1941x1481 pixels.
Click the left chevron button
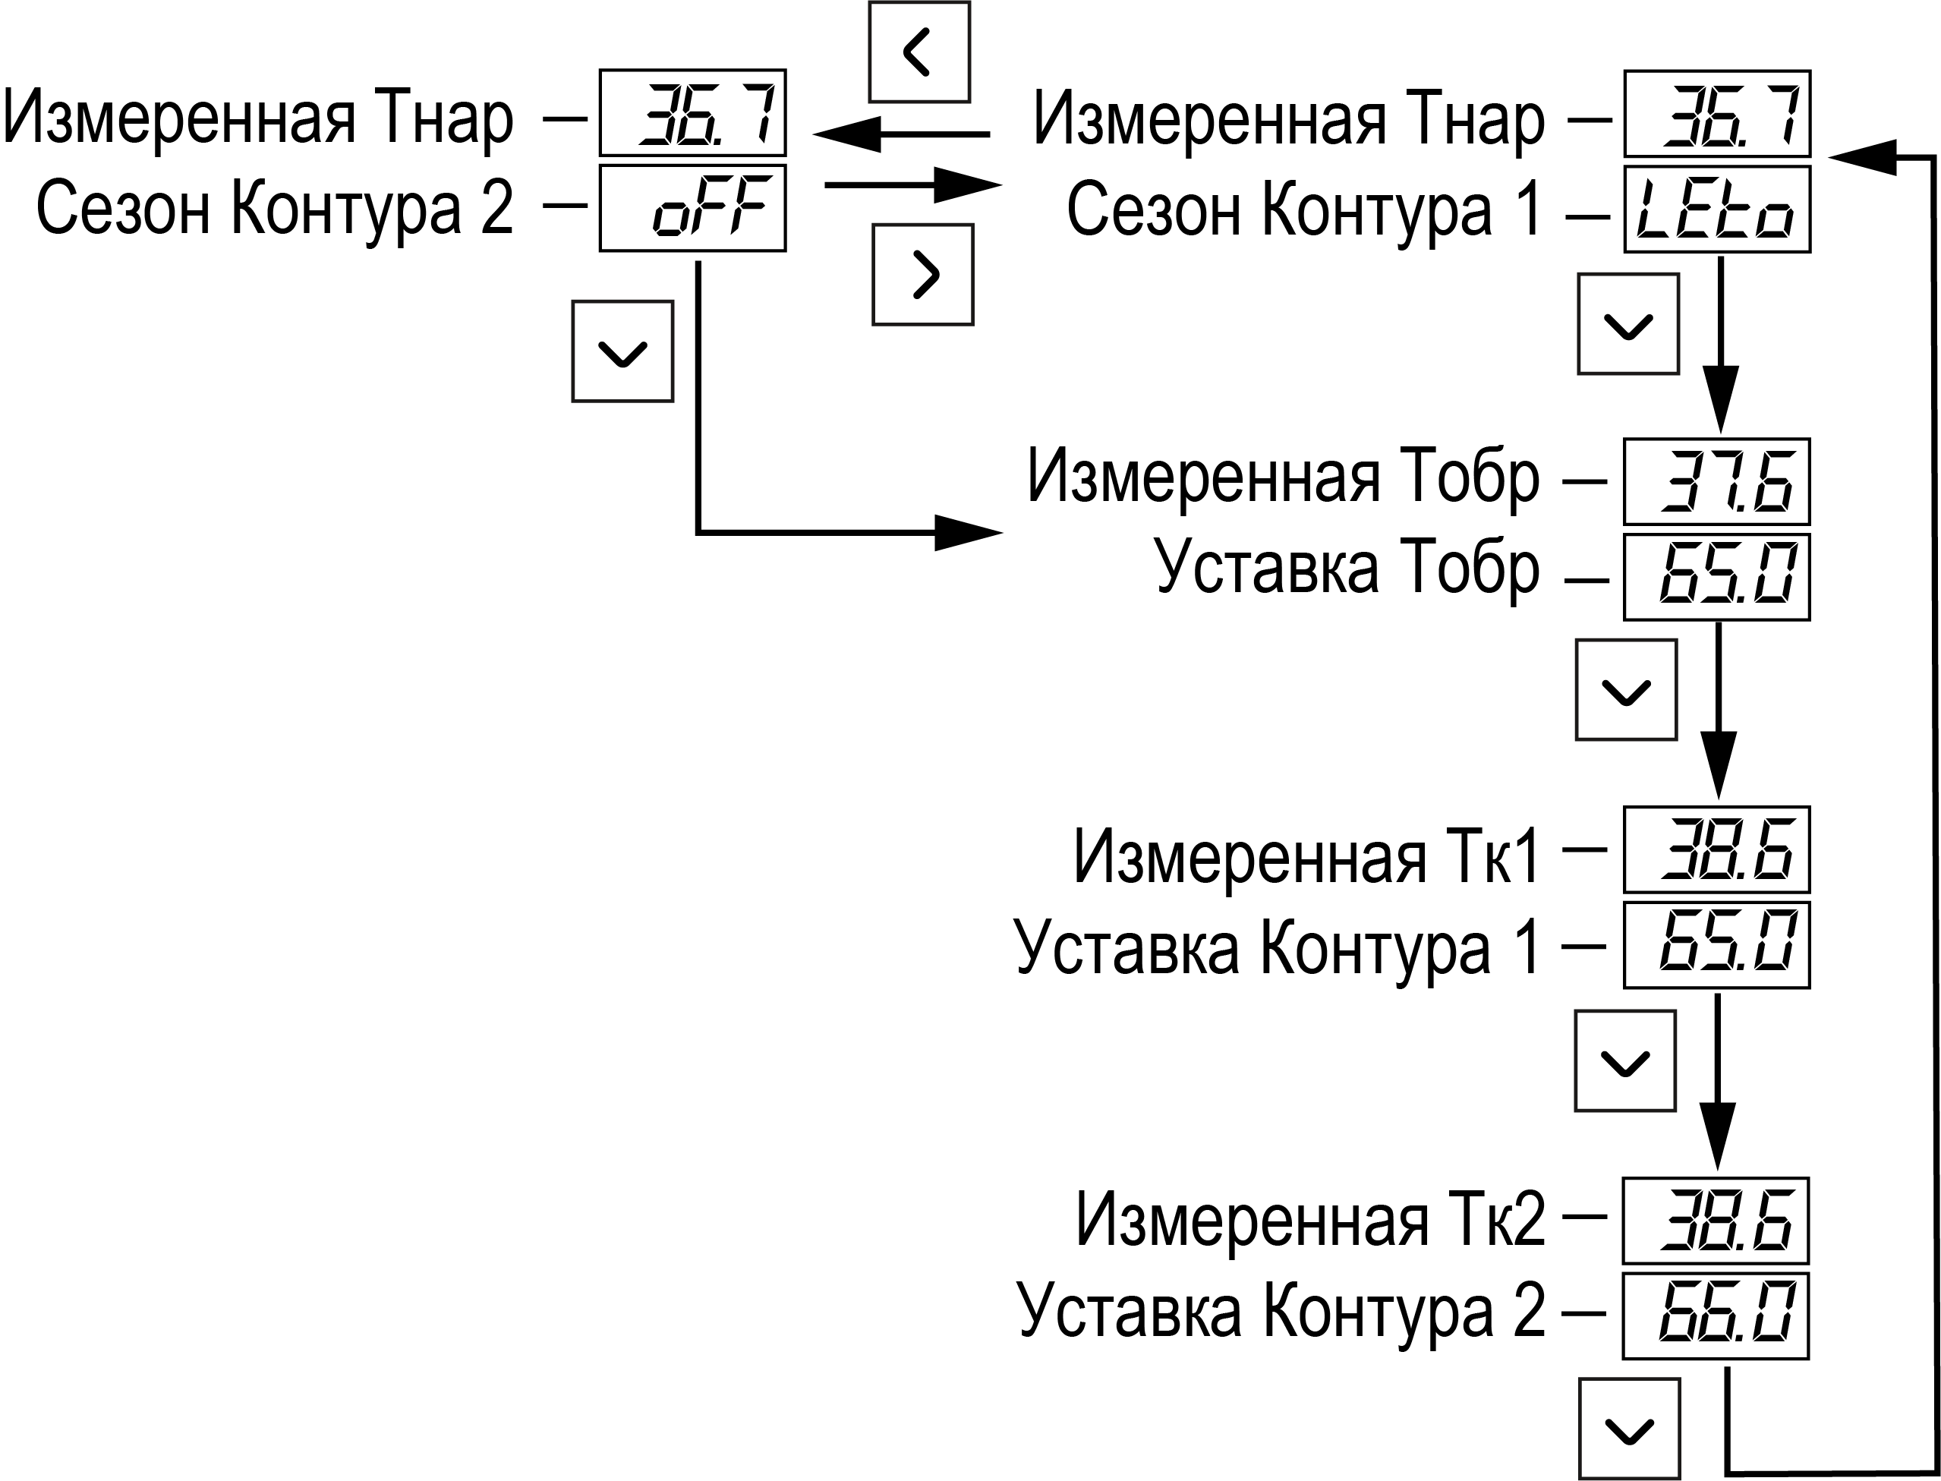click(x=919, y=52)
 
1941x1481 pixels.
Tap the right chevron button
click(x=923, y=275)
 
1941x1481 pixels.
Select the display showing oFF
click(x=693, y=208)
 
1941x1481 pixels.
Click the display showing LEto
click(x=1717, y=210)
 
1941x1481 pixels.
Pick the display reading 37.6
click(x=1716, y=481)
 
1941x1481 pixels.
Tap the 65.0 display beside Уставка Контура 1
click(x=1716, y=945)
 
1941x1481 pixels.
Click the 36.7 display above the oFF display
click(x=693, y=113)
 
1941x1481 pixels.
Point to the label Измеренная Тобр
click(x=1284, y=479)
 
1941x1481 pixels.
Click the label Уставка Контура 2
click(x=1281, y=1312)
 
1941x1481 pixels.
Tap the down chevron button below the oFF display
click(x=622, y=351)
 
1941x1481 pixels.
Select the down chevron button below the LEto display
click(x=1628, y=324)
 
